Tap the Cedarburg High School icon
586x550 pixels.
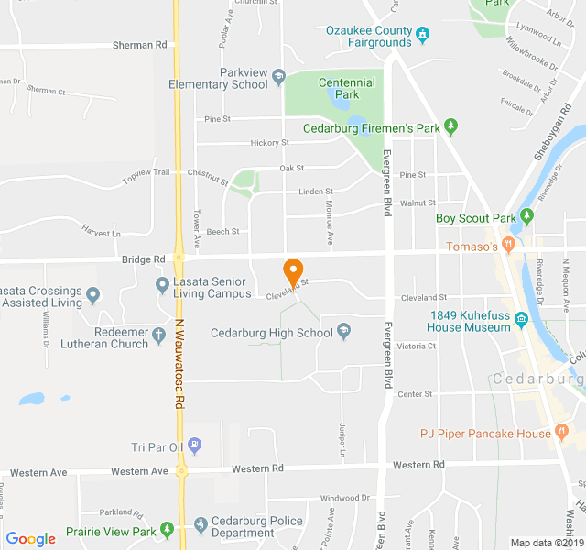pos(343,331)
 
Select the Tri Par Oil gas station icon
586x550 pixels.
pos(194,446)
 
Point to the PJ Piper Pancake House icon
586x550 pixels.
pos(559,433)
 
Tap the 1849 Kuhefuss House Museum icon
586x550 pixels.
pos(521,320)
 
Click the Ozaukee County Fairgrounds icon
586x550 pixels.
pos(422,37)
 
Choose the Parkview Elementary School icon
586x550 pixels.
pos(279,76)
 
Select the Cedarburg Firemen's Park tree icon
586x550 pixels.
pos(450,126)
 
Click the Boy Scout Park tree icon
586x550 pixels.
pos(526,218)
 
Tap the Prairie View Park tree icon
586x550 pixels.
pos(167,530)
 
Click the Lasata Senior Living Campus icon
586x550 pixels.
pos(162,286)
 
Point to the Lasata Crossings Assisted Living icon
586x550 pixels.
pos(93,295)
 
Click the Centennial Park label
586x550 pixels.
pos(346,88)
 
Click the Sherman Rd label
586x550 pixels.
pos(140,44)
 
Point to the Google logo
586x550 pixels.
pos(30,539)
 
